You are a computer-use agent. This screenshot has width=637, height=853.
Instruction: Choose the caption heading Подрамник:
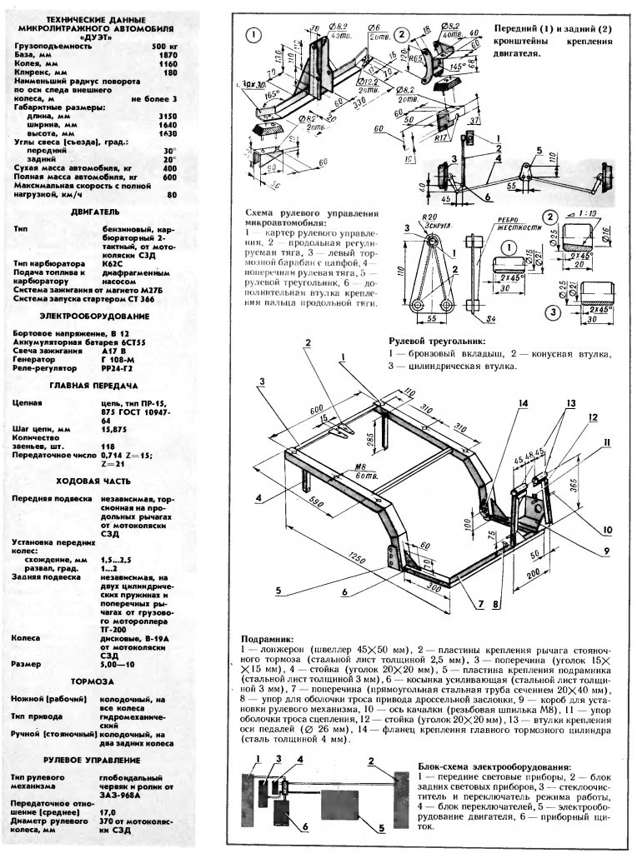266,640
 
